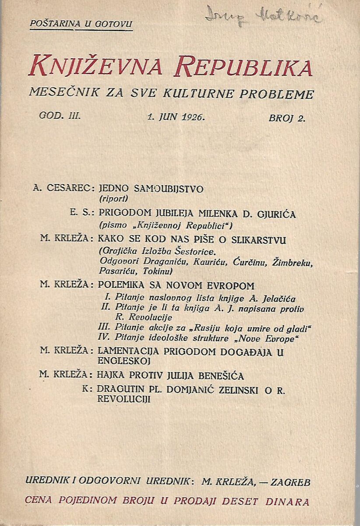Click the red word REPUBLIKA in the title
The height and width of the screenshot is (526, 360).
(243, 68)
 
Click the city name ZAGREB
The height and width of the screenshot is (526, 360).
(291, 483)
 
